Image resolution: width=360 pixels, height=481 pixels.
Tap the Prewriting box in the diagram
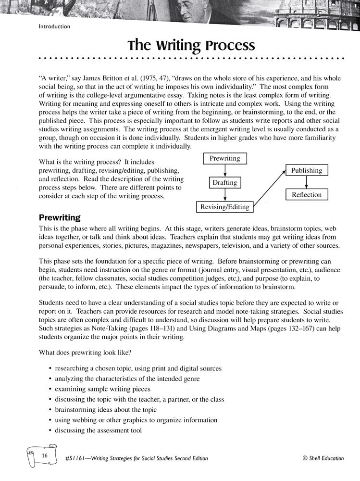[225, 158]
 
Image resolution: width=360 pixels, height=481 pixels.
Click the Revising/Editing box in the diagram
[225, 207]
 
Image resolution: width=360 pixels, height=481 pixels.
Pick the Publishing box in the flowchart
[307, 170]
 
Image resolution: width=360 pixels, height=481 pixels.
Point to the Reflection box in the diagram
[307, 195]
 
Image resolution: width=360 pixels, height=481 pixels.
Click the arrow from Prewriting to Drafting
[225, 170]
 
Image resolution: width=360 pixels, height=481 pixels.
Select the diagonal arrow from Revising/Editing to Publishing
[270, 189]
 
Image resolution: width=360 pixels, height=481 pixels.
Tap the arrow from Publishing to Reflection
[307, 182]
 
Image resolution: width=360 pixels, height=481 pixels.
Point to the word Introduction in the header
[54, 27]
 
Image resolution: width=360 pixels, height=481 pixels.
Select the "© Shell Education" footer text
[323, 458]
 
